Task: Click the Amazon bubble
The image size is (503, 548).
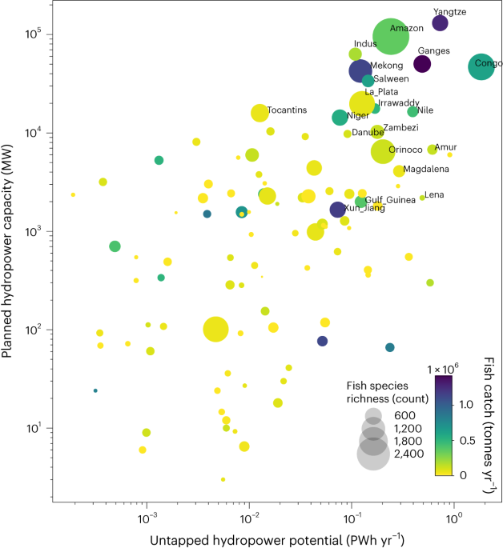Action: (x=390, y=37)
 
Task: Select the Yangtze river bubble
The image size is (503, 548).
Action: (x=440, y=23)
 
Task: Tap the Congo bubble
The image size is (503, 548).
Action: (x=481, y=67)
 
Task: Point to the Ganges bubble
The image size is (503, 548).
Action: (x=422, y=64)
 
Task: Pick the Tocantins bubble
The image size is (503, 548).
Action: (x=260, y=114)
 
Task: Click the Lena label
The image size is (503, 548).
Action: (x=433, y=194)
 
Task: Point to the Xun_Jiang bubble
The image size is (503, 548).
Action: (x=338, y=210)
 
